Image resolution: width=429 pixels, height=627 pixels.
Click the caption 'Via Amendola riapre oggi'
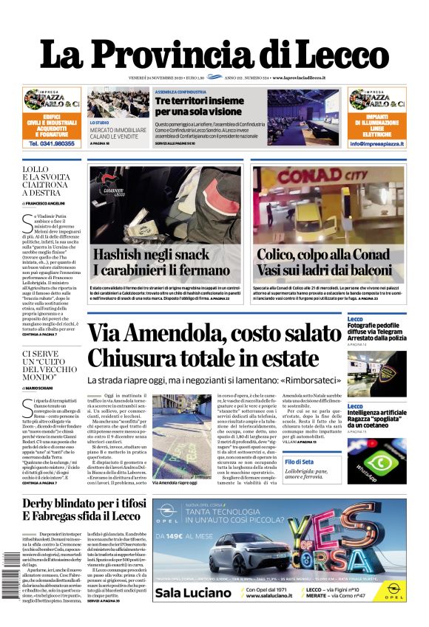[x=175, y=482]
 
